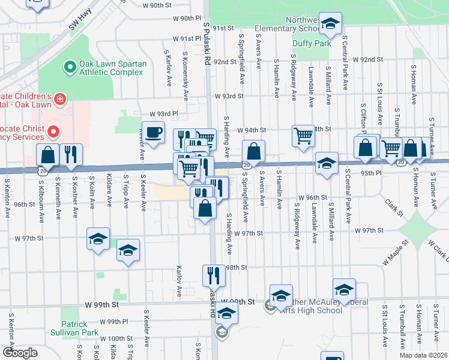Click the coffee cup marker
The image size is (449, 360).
pos(153,132)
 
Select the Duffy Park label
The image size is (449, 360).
pos(312,43)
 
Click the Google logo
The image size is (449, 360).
pos(20,353)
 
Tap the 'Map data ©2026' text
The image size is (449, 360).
pos(423,355)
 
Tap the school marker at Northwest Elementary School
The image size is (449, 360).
pos(330,23)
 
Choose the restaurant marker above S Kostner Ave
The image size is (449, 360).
pos(71,154)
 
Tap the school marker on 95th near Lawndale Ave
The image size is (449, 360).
pos(326,163)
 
